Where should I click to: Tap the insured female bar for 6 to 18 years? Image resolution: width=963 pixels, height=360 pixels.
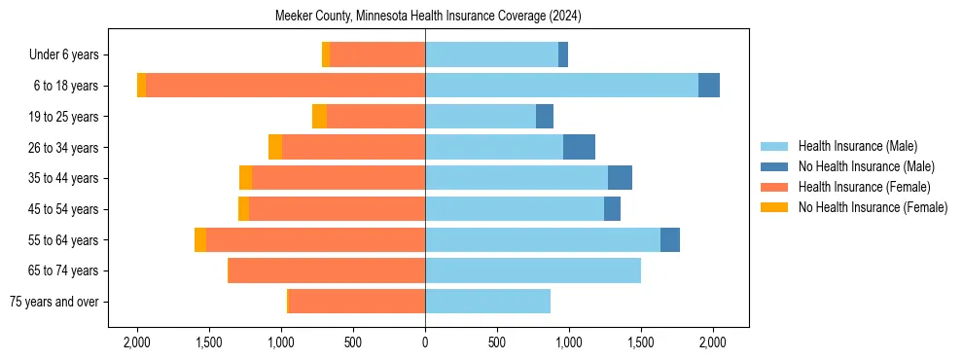[x=285, y=86]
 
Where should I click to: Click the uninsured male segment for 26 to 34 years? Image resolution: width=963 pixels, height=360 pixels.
[x=579, y=147]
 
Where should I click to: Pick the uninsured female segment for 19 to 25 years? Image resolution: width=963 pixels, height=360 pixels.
[x=319, y=117]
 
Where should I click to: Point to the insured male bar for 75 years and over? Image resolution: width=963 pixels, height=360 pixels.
[x=487, y=302]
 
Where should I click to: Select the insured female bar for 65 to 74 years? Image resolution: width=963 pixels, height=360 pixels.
[x=327, y=270]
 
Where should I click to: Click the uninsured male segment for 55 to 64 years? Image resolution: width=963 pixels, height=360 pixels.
[x=670, y=239]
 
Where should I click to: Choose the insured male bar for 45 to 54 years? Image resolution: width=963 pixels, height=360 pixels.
[x=515, y=209]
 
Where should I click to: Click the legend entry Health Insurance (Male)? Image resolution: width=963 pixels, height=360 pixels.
[x=857, y=146]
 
